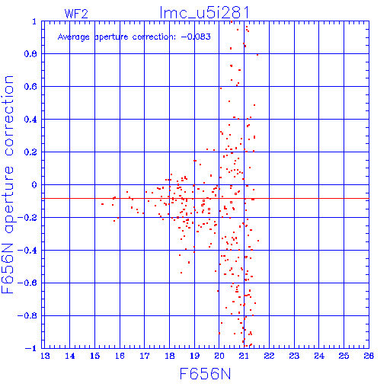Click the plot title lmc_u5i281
[204, 13]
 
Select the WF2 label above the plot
[76, 14]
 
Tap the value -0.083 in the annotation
[196, 37]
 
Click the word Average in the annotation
[74, 37]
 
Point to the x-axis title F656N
[205, 374]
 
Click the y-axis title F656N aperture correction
[8, 184]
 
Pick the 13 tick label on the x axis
[45, 356]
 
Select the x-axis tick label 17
[145, 356]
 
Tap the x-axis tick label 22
[269, 356]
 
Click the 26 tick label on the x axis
[369, 356]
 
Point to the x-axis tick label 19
[194, 356]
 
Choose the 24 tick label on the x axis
[319, 356]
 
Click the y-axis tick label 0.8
[30, 54]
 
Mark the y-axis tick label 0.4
[30, 120]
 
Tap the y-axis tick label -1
[31, 348]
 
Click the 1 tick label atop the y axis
[34, 21]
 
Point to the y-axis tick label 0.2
[30, 152]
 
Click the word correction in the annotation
[154, 37]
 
